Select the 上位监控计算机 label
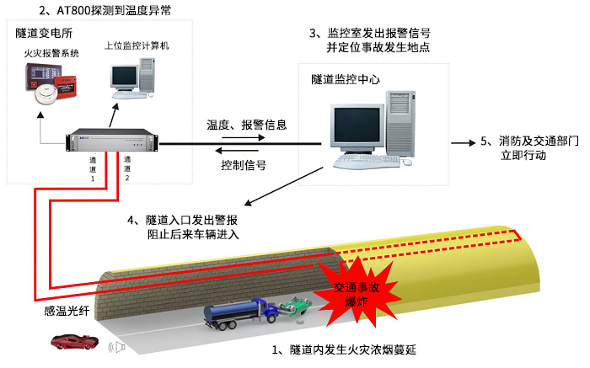137,45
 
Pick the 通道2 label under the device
128,168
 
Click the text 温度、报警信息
247,125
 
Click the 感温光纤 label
66,311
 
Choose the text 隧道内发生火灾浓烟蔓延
346,349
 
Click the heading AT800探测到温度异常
105,10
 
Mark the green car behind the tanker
296,309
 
